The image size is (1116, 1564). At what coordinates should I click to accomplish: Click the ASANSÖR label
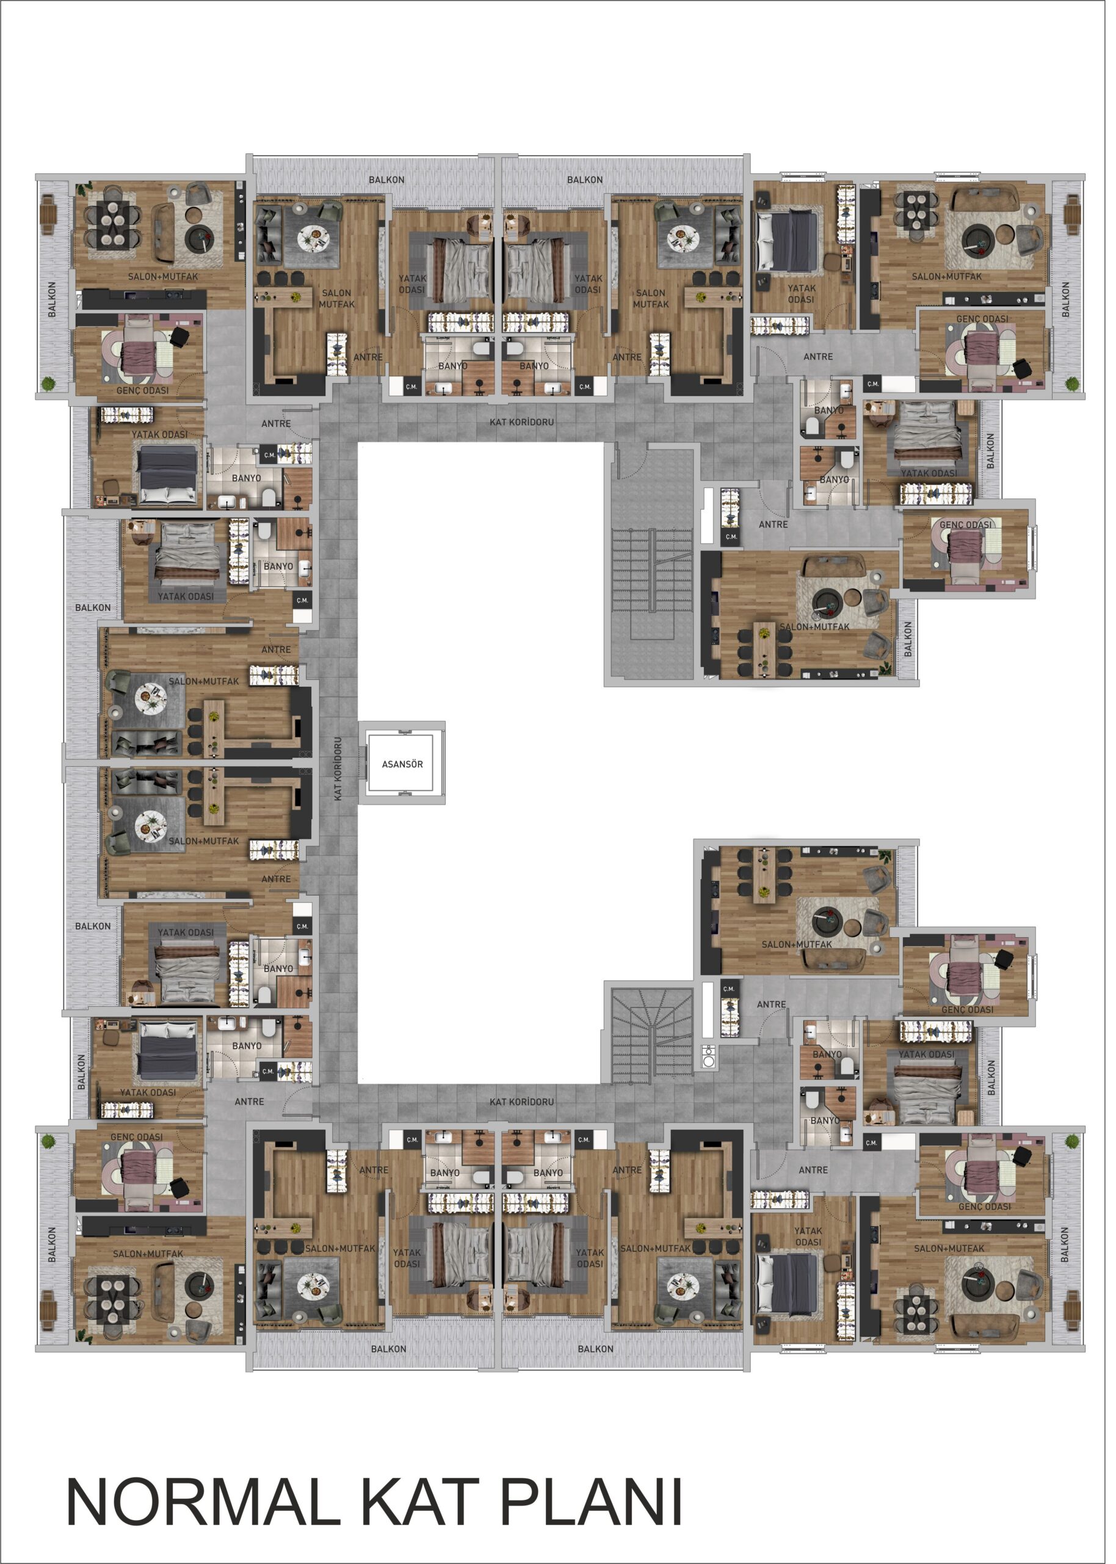(x=405, y=770)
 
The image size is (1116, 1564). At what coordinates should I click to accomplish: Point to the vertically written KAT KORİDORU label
(x=341, y=775)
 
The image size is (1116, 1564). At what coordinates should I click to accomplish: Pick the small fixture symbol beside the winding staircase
(x=715, y=1064)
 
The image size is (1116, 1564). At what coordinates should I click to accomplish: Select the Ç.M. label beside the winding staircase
(x=734, y=997)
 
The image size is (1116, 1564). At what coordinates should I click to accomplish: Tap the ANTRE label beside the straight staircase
(x=780, y=528)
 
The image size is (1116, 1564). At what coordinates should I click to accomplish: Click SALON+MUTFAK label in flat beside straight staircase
(x=821, y=632)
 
